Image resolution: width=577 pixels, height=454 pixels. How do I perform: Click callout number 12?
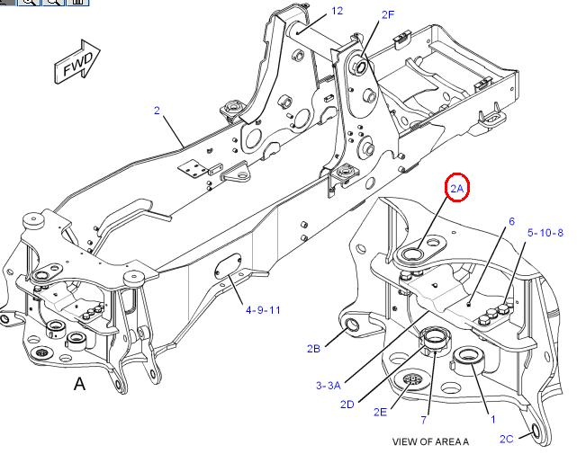[337, 12]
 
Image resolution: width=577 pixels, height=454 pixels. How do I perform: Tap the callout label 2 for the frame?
[157, 111]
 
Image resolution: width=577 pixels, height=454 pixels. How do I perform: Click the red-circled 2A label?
[456, 188]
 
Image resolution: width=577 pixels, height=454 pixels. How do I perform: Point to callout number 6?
[511, 221]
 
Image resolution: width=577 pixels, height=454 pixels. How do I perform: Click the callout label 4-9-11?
[263, 310]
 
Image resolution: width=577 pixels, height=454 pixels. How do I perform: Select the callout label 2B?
[313, 348]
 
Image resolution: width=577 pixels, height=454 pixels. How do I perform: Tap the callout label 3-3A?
[328, 386]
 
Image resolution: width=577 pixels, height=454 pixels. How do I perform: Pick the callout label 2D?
[347, 404]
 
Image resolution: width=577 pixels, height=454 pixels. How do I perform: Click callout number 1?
[492, 419]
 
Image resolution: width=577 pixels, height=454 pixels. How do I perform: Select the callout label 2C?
[506, 439]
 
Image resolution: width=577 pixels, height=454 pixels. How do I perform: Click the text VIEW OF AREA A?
[430, 441]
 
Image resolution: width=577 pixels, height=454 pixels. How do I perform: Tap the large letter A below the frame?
[79, 384]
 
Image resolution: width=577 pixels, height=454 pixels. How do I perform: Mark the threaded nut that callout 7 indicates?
[436, 342]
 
